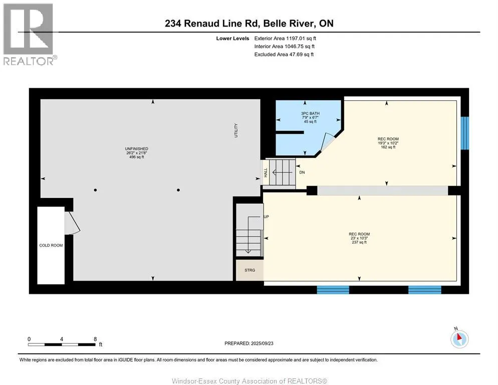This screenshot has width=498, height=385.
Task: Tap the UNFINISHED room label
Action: pyautogui.click(x=136, y=149)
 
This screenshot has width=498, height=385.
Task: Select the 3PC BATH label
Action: pyautogui.click(x=310, y=113)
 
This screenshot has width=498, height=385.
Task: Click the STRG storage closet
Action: pyautogui.click(x=250, y=270)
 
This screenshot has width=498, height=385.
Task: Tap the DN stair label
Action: pyautogui.click(x=302, y=172)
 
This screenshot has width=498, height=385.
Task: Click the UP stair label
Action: pyautogui.click(x=267, y=217)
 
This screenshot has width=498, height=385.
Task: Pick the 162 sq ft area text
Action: pyautogui.click(x=388, y=147)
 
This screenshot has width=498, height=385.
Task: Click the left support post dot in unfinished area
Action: pyautogui.click(x=95, y=190)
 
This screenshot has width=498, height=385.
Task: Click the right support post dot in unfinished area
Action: pyautogui.click(x=178, y=190)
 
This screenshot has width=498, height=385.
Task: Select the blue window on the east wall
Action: pyautogui.click(x=465, y=133)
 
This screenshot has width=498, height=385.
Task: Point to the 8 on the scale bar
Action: pyautogui.click(x=95, y=339)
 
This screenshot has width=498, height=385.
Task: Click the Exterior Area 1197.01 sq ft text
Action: pyautogui.click(x=285, y=38)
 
